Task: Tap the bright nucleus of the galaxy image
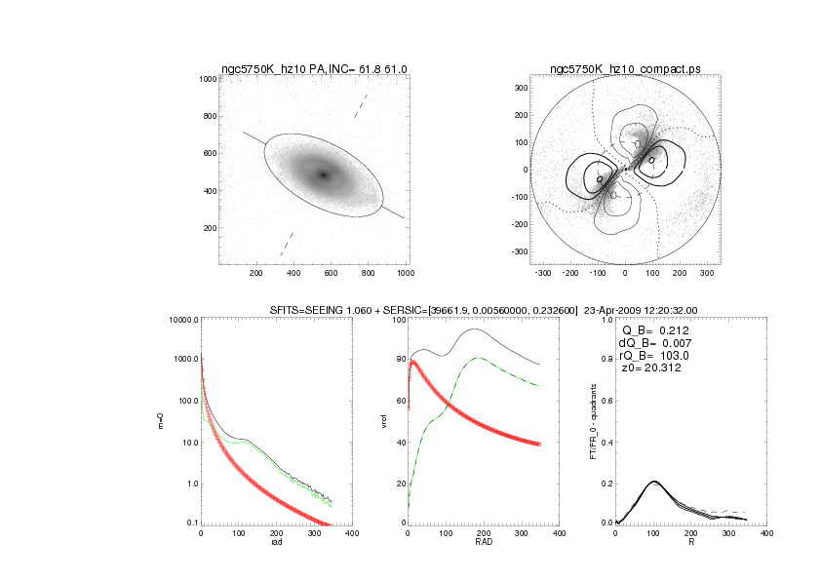(x=323, y=174)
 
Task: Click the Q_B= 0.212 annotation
(x=655, y=330)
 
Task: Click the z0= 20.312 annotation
(x=651, y=368)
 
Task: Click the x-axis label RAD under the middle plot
(x=483, y=542)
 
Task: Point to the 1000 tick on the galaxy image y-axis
(x=207, y=79)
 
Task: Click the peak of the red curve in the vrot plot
(x=413, y=362)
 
